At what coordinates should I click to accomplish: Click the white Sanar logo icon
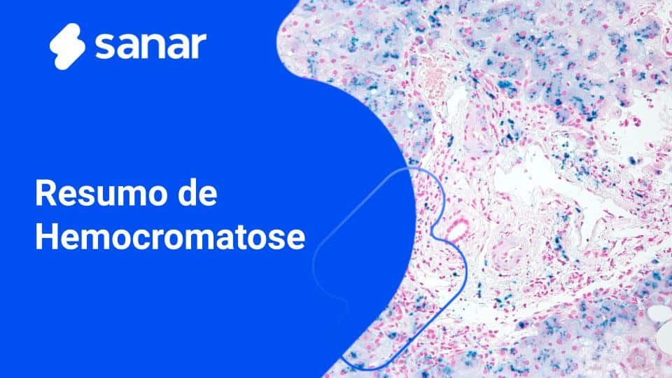point(67,45)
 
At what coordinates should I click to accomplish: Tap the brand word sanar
point(150,46)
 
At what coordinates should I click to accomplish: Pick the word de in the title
point(198,194)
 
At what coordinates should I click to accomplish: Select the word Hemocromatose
point(170,237)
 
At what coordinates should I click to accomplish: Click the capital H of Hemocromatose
point(46,237)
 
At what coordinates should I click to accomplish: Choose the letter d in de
point(188,194)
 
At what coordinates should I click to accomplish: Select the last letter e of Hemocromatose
point(296,239)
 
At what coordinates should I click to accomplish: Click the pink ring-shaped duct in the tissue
point(460,228)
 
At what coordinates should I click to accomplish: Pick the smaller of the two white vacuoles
point(657,313)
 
